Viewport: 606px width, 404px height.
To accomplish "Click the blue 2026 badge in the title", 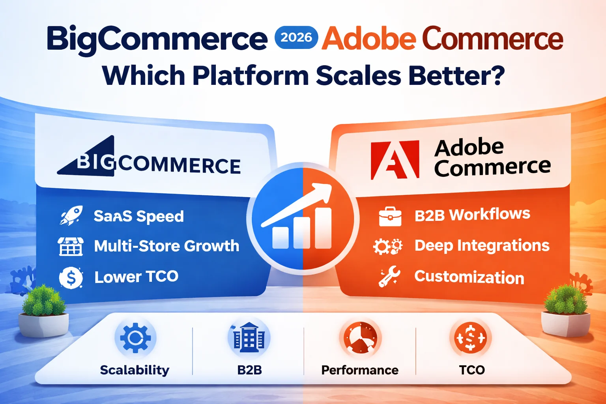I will [296, 37].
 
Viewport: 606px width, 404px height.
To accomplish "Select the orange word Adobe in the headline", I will [368, 39].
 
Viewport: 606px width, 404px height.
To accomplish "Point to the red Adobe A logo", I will [395, 160].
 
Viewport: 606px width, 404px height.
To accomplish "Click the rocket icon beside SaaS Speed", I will [71, 215].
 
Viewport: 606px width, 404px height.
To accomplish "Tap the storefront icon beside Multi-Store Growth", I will [71, 246].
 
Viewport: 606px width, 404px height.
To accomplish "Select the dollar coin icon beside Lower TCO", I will [71, 277].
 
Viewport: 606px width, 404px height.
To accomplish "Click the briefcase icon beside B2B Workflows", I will [390, 216].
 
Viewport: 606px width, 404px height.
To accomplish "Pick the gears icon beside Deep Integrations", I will [388, 247].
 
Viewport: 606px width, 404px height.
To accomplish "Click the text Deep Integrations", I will [482, 245].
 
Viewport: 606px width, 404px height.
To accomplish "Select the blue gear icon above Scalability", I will [135, 338].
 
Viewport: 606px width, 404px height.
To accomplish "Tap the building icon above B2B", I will [249, 338].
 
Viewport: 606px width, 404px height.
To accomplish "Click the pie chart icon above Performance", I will [360, 338].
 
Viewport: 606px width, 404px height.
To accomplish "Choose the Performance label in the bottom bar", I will [359, 370].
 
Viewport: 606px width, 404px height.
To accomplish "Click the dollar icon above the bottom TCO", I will [470, 338].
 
